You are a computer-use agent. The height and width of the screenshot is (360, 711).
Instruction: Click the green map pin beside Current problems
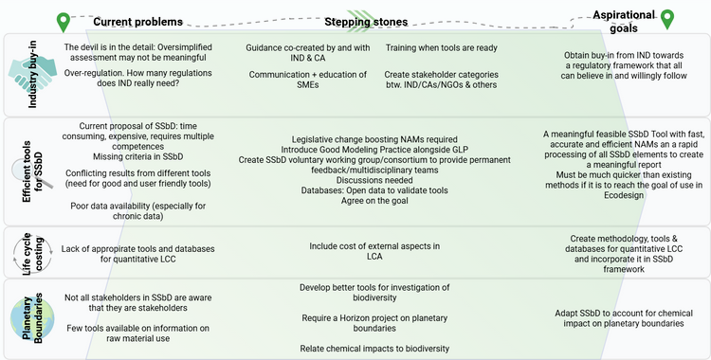coord(64,21)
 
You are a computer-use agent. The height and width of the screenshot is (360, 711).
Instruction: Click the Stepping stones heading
coord(359,21)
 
